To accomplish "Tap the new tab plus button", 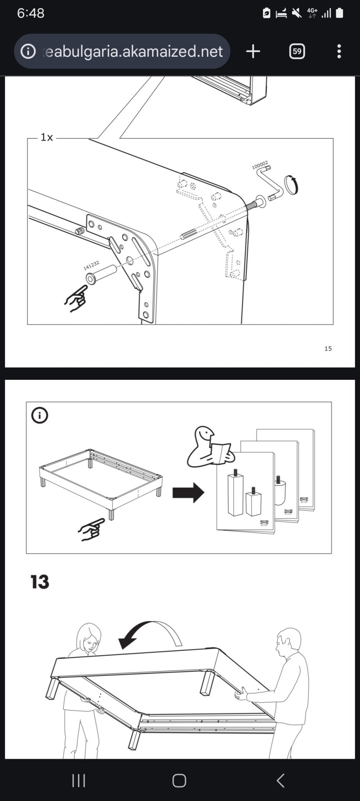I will [253, 51].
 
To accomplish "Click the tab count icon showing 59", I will [297, 51].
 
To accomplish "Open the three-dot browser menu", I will [339, 51].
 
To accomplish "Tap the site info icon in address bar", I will [28, 51].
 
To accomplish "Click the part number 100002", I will [260, 165].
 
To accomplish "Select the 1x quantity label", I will [47, 137].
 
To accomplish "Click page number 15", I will [328, 348].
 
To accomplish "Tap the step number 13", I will [40, 582].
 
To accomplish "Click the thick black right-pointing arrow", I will [188, 492].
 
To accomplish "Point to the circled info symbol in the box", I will [39, 415].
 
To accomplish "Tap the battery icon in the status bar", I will [339, 13].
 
